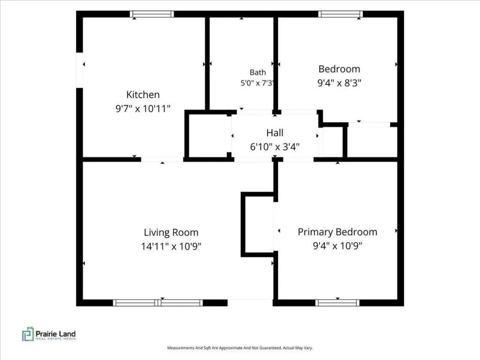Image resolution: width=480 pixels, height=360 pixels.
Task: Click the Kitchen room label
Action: (143, 95)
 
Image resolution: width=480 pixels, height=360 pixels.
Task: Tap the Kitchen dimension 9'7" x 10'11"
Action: (142, 108)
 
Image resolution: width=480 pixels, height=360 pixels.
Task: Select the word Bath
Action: (258, 73)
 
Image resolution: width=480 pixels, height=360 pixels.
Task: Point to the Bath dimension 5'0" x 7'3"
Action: (257, 83)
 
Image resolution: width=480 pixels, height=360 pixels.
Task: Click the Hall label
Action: (275, 133)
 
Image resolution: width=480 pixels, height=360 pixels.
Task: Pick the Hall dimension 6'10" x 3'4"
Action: (275, 147)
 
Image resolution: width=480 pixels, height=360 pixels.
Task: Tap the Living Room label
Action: (171, 232)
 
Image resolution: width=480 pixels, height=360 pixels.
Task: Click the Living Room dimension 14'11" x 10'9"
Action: (171, 247)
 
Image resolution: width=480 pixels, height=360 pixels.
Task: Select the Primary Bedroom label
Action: (337, 232)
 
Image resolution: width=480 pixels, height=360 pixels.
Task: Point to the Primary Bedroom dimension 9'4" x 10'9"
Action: (337, 246)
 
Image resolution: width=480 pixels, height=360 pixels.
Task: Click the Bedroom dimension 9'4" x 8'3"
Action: (339, 82)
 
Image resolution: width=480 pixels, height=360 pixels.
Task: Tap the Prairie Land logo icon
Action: (28, 334)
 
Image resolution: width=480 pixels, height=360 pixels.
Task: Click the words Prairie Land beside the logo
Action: (56, 334)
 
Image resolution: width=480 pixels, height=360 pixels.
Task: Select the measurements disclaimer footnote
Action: (240, 348)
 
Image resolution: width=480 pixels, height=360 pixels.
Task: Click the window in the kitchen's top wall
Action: (152, 14)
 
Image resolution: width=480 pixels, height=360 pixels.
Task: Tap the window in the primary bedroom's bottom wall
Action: (337, 303)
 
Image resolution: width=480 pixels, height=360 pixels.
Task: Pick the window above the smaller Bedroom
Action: (340, 14)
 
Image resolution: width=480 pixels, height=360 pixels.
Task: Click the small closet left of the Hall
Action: (208, 135)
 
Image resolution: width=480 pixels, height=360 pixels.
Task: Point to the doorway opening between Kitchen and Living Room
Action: (162, 159)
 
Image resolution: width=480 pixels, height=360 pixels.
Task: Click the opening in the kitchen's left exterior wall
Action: (80, 70)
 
